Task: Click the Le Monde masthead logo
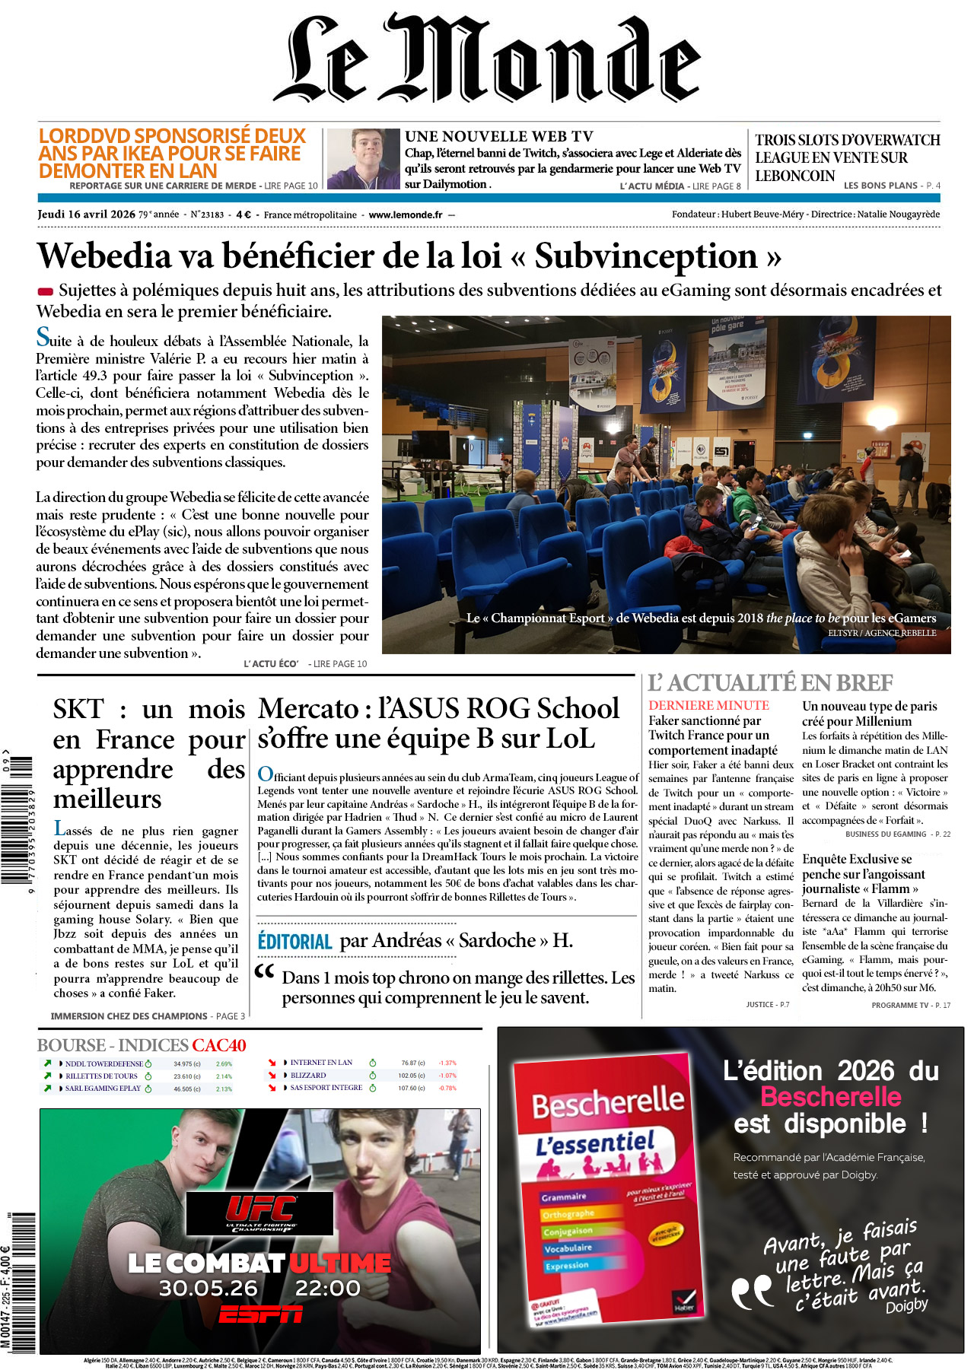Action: point(487,59)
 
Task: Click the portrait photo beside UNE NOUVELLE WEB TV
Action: point(363,159)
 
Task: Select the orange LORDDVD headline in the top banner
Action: point(172,153)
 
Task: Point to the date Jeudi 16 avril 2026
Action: point(86,215)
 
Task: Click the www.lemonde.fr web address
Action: point(405,215)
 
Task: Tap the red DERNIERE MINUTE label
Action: point(708,705)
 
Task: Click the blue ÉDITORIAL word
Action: point(295,942)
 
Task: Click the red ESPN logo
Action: point(260,1314)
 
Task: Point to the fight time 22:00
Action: point(327,1288)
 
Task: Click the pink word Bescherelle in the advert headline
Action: point(830,1097)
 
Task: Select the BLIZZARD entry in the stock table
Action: point(307,1076)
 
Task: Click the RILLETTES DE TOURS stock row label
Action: point(101,1076)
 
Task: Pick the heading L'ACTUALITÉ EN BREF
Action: point(770,682)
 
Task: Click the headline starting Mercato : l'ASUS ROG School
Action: point(438,723)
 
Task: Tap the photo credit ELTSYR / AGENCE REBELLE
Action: point(882,633)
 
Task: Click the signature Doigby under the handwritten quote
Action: point(906,1305)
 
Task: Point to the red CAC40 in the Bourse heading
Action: point(219,1045)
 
